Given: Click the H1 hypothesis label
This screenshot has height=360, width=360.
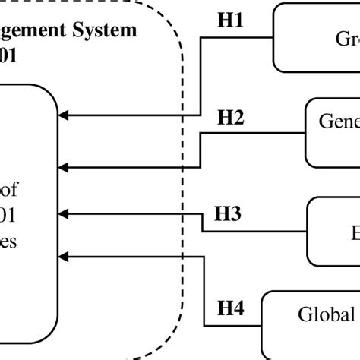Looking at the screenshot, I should point(230,21).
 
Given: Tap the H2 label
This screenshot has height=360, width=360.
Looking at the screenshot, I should point(231,118).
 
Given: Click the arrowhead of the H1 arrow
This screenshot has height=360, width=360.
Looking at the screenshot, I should point(64,115).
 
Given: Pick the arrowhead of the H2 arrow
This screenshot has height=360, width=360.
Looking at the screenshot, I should point(64,166).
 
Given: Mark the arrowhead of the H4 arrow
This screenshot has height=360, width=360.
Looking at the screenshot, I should point(64,256).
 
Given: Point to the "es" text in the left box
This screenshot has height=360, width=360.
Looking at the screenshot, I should point(9,242).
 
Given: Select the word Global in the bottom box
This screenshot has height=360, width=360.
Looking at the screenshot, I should point(325,314).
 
